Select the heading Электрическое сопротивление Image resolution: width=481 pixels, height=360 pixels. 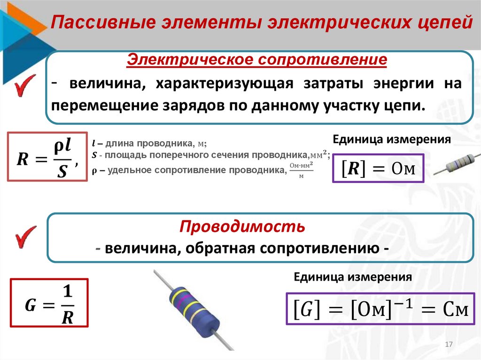[258, 60]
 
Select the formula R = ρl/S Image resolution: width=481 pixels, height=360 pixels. [47, 157]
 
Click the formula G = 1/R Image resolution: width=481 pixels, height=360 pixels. [49, 303]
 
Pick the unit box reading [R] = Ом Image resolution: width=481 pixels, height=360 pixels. [378, 168]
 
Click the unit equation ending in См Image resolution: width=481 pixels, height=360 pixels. [380, 309]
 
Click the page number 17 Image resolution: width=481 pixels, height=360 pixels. [448, 345]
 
